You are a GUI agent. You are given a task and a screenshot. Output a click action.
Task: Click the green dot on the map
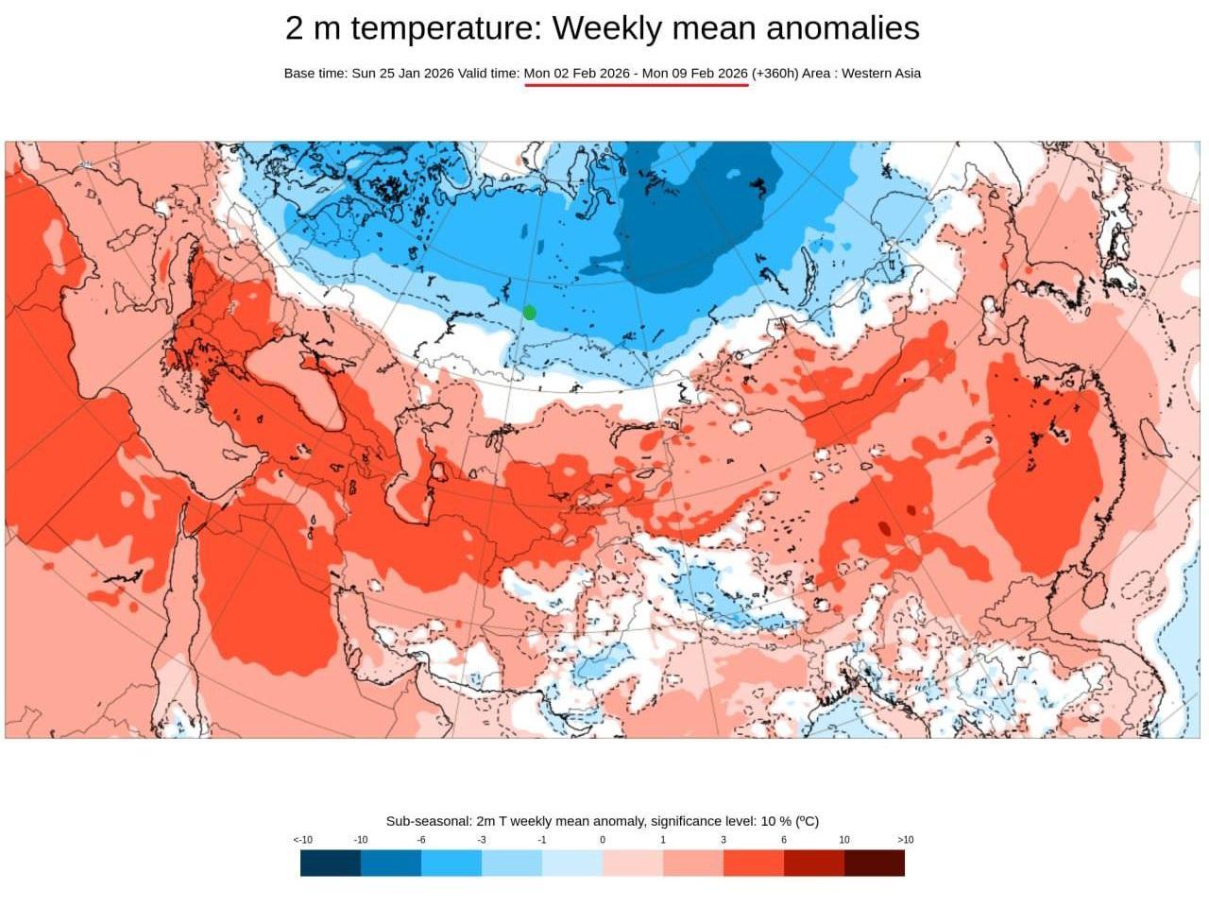point(530,313)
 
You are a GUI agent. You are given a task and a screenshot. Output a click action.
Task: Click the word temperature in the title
point(441,28)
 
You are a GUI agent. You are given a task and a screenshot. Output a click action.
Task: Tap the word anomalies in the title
point(843,28)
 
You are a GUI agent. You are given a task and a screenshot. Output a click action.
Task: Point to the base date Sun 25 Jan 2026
point(402,74)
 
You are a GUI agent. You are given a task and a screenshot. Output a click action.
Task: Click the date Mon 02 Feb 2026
point(576,74)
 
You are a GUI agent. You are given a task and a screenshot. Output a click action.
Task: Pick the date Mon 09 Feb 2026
point(695,74)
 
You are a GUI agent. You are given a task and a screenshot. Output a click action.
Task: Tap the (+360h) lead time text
point(775,74)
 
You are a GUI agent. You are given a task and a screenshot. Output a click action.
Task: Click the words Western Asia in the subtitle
point(880,74)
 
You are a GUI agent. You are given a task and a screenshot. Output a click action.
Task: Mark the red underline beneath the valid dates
point(637,85)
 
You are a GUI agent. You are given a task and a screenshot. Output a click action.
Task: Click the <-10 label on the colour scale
point(302,840)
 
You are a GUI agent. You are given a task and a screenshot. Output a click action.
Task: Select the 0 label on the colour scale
point(603,840)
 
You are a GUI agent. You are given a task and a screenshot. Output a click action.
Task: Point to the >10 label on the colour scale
point(905,840)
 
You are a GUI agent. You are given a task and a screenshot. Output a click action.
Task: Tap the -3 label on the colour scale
point(481,840)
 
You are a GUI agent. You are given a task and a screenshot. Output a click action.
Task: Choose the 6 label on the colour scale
point(784,840)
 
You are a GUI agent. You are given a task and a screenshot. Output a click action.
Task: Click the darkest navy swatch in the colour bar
point(331,863)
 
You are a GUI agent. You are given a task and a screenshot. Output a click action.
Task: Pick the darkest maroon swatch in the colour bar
point(875,863)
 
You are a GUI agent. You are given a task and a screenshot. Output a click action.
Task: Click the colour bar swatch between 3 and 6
point(754,863)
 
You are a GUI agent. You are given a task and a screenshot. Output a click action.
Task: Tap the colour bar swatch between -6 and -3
point(451,863)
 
